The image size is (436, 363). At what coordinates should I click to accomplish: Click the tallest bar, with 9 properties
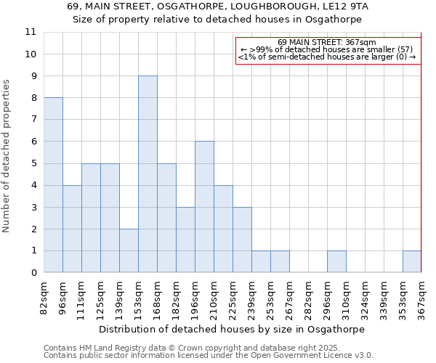(148, 174)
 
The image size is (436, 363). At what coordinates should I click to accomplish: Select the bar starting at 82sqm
(53, 185)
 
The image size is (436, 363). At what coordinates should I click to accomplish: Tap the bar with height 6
(204, 207)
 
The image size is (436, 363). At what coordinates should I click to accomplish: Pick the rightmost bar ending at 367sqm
(412, 262)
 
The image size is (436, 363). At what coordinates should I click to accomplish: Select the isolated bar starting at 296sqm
(336, 262)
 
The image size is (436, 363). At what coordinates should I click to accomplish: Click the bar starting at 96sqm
(72, 229)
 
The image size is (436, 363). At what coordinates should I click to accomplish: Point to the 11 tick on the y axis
(31, 32)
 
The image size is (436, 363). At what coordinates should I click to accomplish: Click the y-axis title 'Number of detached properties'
(7, 156)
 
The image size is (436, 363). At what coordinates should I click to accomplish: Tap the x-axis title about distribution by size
(231, 329)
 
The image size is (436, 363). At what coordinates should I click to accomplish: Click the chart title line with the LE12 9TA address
(218, 6)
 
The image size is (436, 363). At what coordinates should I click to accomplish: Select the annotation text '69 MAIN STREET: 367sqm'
(327, 42)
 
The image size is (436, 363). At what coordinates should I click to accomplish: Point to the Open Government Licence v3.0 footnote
(209, 356)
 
